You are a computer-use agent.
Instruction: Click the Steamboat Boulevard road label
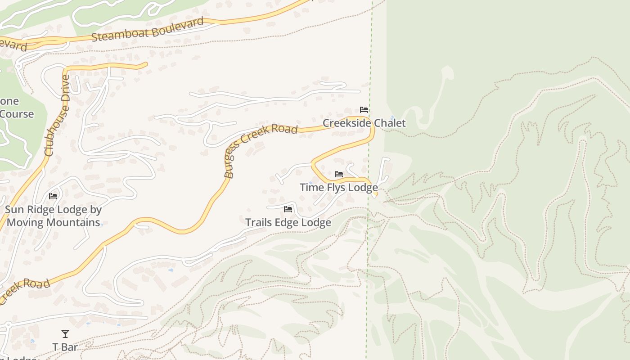point(148,30)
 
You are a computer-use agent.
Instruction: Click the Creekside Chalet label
point(364,123)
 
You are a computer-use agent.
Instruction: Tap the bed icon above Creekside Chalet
point(364,110)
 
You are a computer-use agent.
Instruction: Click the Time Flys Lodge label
point(338,187)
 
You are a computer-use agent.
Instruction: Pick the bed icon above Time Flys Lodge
point(339,174)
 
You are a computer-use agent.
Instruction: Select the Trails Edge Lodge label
point(288,222)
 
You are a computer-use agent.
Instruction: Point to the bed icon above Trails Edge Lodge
point(288,209)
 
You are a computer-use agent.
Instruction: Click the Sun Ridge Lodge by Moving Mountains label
point(53,216)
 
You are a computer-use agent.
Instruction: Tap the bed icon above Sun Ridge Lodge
point(53,196)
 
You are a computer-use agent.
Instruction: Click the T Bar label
point(65,347)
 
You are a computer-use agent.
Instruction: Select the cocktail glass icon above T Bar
point(65,334)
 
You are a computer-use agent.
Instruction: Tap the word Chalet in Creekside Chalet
point(389,123)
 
